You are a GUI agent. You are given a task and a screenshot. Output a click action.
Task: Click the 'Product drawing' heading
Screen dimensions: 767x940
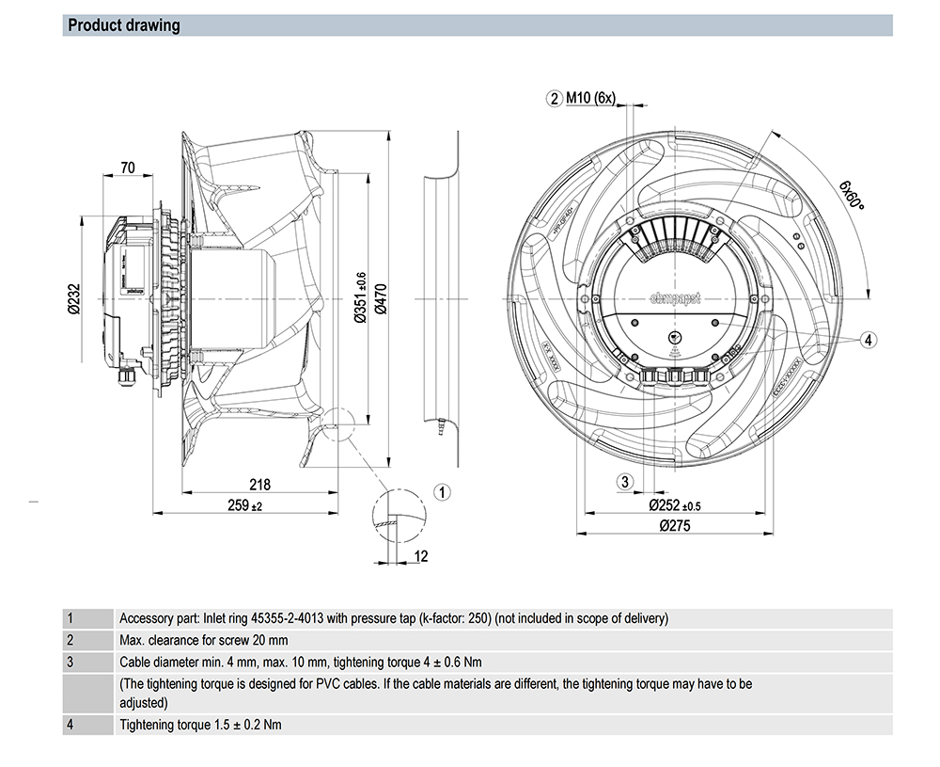point(124,25)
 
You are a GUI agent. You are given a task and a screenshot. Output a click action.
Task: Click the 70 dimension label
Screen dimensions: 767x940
point(128,168)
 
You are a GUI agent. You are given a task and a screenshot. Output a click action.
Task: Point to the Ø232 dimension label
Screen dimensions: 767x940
point(73,298)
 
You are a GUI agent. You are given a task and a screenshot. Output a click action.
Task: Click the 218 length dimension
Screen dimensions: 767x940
point(259,485)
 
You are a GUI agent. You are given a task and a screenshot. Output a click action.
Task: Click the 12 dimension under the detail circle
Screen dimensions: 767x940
point(420,556)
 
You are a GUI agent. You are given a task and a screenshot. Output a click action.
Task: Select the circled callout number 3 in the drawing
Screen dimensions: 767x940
point(624,483)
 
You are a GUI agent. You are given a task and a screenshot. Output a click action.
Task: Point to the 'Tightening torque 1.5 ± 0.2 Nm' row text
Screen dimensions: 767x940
point(201,726)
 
